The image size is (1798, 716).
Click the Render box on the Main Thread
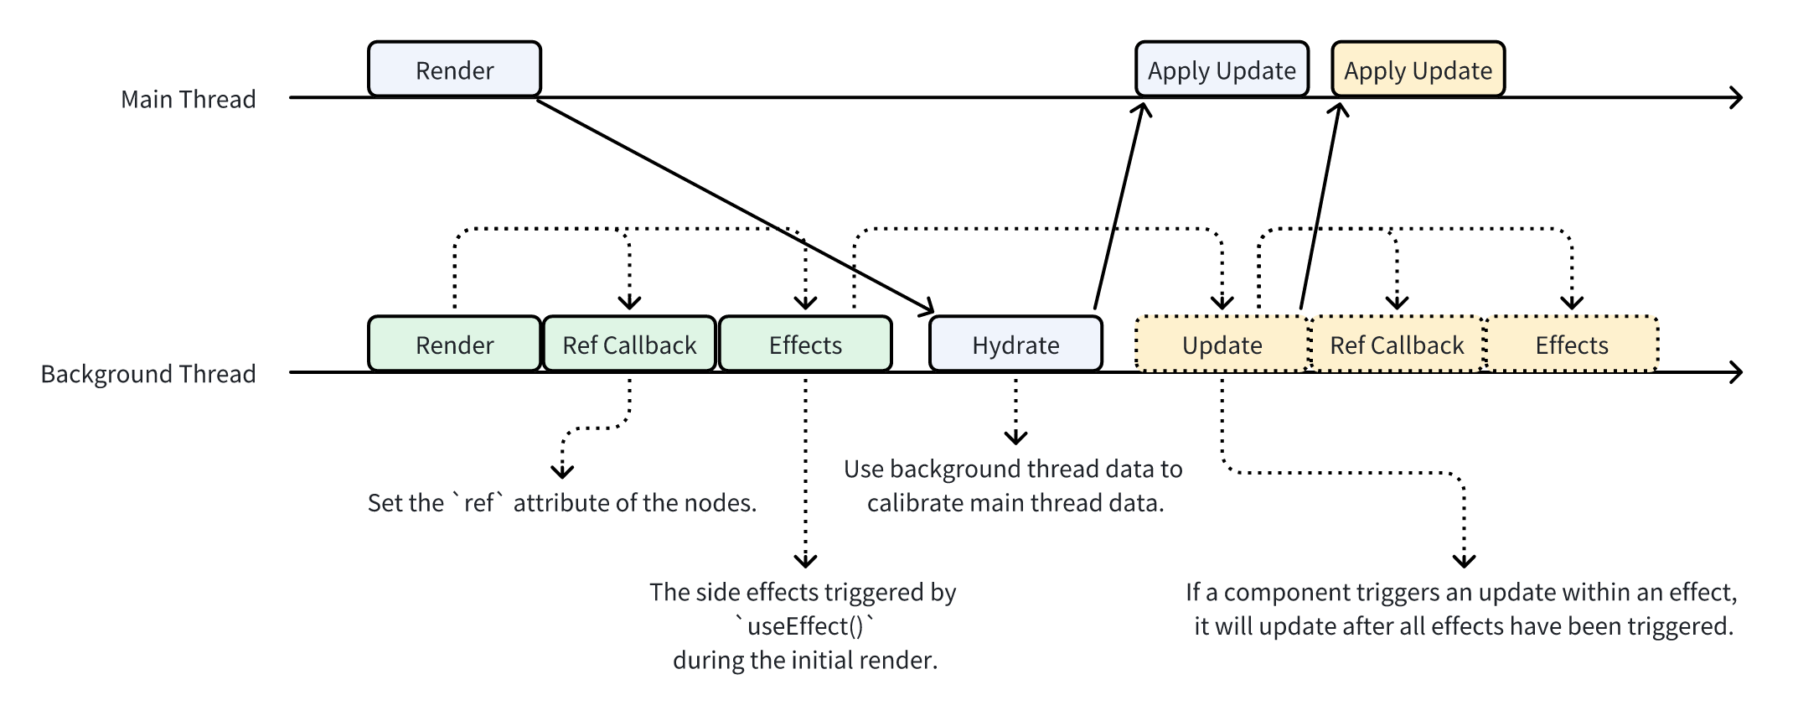click(454, 70)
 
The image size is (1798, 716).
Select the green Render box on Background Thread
click(454, 345)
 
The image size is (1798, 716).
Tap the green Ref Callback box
click(629, 345)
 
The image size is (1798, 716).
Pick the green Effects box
click(805, 345)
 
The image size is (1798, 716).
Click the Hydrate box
click(1015, 345)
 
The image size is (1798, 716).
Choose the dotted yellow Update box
click(1222, 345)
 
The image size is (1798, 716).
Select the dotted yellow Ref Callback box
click(1397, 345)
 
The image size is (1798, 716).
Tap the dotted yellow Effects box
click(1572, 345)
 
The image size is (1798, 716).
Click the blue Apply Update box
click(1222, 70)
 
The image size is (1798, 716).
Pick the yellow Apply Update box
click(1418, 70)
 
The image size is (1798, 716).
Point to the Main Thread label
click(188, 99)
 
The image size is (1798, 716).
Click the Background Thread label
click(148, 374)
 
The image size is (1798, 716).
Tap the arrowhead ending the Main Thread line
click(1737, 98)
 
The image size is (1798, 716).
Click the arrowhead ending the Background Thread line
click(1737, 372)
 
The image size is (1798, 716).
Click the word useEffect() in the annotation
click(805, 626)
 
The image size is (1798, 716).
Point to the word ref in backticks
click(479, 503)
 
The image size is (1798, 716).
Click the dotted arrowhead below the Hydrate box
click(1015, 438)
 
